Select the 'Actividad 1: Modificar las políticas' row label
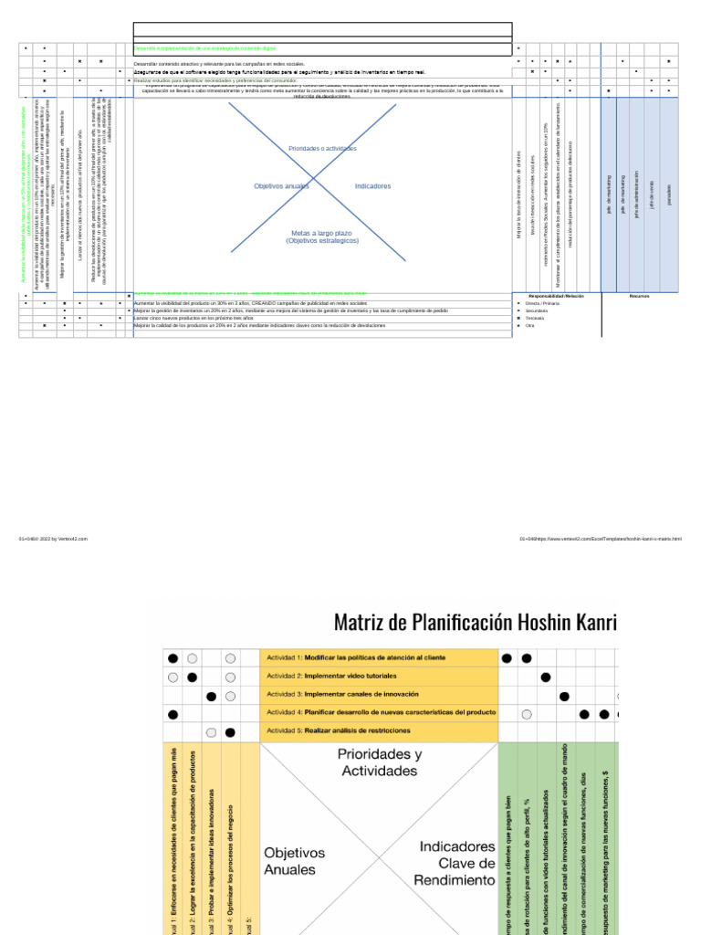(x=355, y=657)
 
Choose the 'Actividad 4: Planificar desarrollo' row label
(x=380, y=712)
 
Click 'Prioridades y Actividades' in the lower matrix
(x=380, y=762)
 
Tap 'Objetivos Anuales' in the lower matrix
(x=295, y=861)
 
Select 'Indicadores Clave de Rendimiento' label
(x=455, y=863)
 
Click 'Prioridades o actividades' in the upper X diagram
(x=322, y=148)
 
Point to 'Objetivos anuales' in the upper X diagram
(x=281, y=186)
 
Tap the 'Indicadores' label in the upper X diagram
(x=372, y=186)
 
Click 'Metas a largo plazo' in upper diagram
(x=322, y=236)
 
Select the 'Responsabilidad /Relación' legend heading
(x=556, y=296)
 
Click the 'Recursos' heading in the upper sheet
(x=639, y=296)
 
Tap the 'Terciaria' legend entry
(x=535, y=318)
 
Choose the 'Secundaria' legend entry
(x=537, y=310)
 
